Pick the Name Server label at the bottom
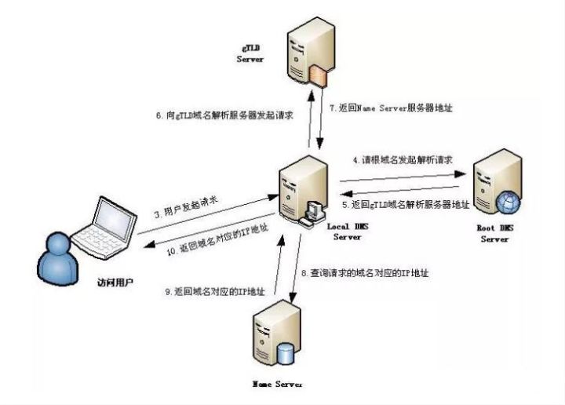point(275,385)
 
